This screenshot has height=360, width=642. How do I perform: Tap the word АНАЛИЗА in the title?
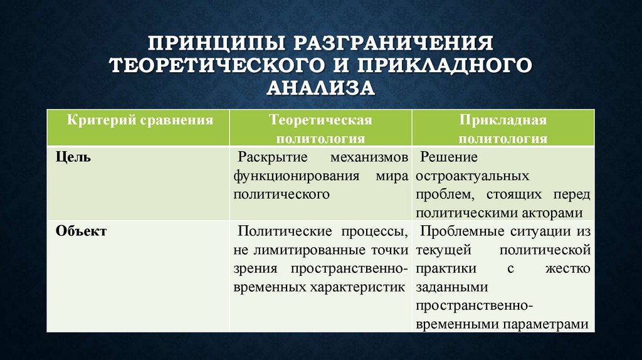coord(320,87)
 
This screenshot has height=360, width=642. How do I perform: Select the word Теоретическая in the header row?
coord(320,119)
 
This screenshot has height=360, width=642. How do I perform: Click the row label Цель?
coord(73,157)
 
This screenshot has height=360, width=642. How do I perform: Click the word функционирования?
coord(296,176)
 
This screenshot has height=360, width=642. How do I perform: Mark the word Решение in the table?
coord(449,157)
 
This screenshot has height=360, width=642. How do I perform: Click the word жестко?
coord(567,268)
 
